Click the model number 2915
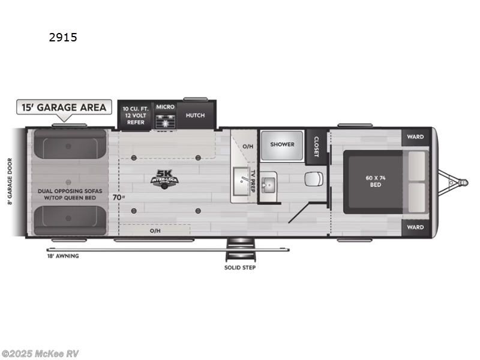pos(63,37)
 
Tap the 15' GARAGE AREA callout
pos(64,107)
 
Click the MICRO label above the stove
pos(165,107)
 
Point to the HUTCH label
pos(195,115)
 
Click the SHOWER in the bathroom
pos(281,144)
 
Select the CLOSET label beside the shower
pos(316,145)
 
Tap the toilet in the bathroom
pos(313,179)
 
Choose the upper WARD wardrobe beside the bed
pos(416,137)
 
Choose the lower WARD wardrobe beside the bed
pos(416,227)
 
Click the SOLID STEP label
pos(239,267)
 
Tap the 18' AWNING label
pos(64,256)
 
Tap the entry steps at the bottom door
pos(239,247)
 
